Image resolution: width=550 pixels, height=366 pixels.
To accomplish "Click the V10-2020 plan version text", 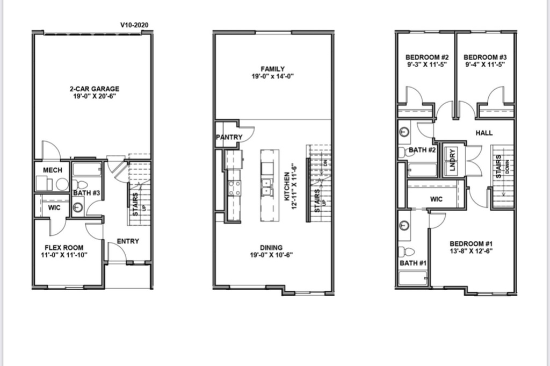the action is point(134,25).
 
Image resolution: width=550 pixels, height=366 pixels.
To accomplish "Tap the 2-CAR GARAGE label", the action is point(95,89).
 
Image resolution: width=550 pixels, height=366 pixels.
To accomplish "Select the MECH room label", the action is point(53,170).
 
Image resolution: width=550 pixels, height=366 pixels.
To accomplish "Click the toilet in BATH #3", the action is point(81,184).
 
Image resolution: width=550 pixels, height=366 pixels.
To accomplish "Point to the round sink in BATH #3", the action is point(78,207).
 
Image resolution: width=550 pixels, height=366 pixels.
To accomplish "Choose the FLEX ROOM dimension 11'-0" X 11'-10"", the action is point(64,255).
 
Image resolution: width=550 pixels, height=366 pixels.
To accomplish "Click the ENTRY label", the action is point(128,241).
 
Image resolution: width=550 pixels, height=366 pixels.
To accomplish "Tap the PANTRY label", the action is point(229,137).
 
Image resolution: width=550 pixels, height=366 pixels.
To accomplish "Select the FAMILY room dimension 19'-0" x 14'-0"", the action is point(272,76).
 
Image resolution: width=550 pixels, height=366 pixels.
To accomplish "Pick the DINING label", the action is point(271,247).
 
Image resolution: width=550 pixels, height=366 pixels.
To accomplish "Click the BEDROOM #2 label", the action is point(427,57).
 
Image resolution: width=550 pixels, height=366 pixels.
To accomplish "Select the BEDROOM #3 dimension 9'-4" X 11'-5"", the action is point(485,64).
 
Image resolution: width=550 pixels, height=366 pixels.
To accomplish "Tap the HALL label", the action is point(484,133).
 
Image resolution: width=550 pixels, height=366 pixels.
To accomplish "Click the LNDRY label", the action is point(452,160).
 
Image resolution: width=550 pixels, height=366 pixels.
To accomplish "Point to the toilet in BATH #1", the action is point(407,251).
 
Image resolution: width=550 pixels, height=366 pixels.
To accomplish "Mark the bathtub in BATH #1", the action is point(413,278).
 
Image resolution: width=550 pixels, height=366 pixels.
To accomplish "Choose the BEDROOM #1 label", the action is point(471,244).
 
